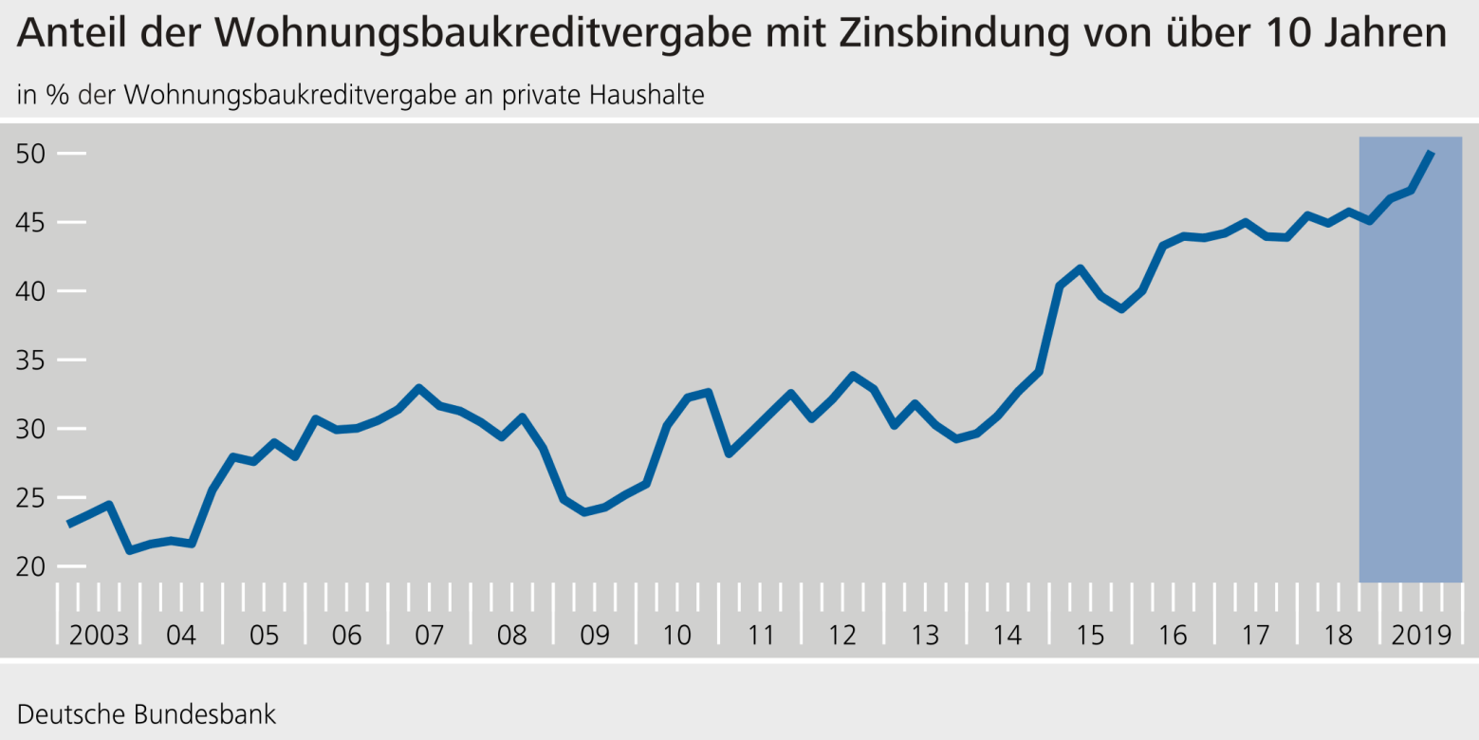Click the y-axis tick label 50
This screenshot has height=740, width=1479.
pyautogui.click(x=31, y=154)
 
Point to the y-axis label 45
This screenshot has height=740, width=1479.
pyautogui.click(x=31, y=223)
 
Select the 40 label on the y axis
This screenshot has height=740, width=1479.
pyautogui.click(x=31, y=291)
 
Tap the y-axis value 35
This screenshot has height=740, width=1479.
pyautogui.click(x=31, y=361)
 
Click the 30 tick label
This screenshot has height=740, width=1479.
pyautogui.click(x=31, y=429)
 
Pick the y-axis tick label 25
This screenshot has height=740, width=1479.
pyautogui.click(x=31, y=498)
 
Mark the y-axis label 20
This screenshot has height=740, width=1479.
pyautogui.click(x=31, y=566)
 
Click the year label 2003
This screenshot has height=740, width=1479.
pyautogui.click(x=99, y=635)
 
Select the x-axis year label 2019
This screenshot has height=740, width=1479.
pyautogui.click(x=1421, y=635)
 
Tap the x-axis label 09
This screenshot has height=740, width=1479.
pyautogui.click(x=595, y=635)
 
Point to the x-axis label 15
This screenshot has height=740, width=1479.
pyautogui.click(x=1091, y=635)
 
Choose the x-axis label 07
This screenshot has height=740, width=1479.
pyautogui.click(x=429, y=635)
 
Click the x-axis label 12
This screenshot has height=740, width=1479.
pyautogui.click(x=842, y=635)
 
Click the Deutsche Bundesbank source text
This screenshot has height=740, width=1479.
pyautogui.click(x=147, y=713)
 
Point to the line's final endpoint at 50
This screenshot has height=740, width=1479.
pyautogui.click(x=1432, y=152)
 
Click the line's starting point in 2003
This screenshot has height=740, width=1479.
pyautogui.click(x=69, y=524)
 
